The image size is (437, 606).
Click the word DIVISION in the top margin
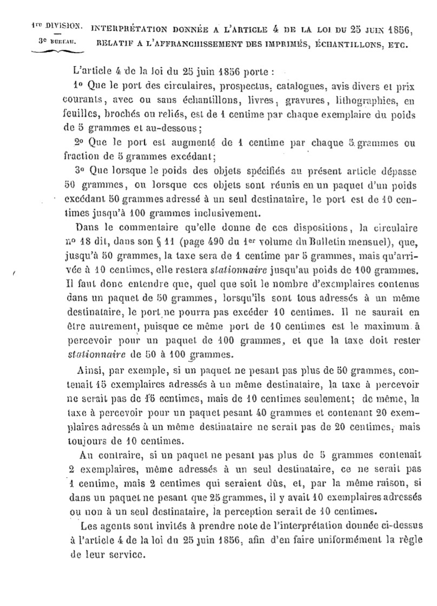coord(65,25)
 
